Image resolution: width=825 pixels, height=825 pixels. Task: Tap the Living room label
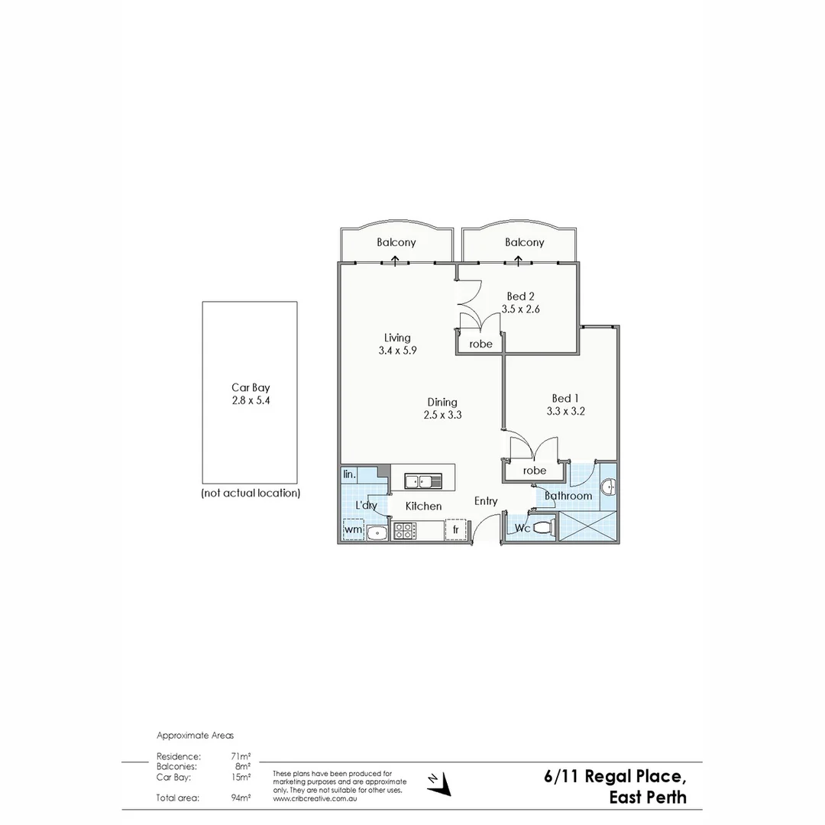click(x=397, y=338)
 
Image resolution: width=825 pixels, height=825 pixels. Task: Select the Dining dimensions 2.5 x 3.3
click(x=442, y=415)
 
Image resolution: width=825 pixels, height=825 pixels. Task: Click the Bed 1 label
click(x=566, y=398)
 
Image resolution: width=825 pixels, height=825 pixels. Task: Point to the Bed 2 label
click(x=520, y=296)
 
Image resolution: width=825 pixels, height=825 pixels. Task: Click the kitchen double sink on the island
click(x=422, y=481)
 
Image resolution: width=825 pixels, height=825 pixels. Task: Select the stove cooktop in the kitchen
click(x=403, y=530)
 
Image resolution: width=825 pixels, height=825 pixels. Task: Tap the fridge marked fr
click(x=455, y=529)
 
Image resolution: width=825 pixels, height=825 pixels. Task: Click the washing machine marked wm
click(x=353, y=529)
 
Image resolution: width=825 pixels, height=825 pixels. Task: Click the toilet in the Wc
click(x=543, y=527)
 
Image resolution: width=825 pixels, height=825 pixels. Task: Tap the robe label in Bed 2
click(x=480, y=344)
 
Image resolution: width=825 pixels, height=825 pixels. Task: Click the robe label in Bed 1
click(x=535, y=471)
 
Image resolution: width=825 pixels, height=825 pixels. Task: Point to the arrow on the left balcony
click(x=395, y=260)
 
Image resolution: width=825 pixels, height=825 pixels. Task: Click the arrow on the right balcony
click(x=519, y=260)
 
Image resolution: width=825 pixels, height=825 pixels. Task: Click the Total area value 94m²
click(x=241, y=797)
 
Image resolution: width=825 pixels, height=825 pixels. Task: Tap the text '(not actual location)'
click(x=251, y=493)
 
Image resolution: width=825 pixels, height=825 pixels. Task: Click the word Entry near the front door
click(x=486, y=501)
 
